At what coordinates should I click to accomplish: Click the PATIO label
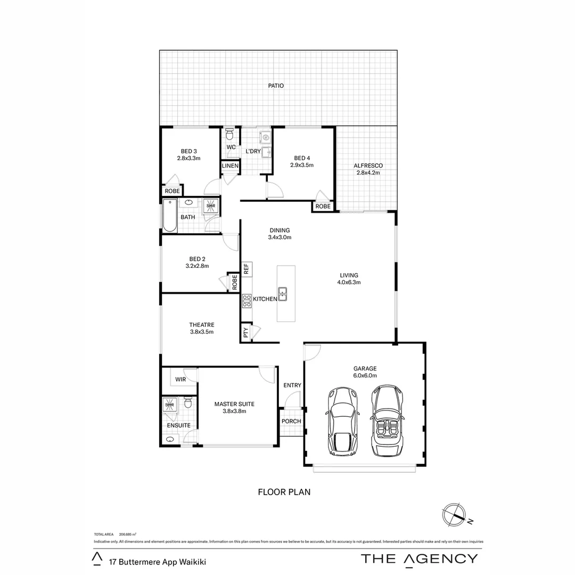click(276, 85)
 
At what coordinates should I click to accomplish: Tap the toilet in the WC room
click(230, 133)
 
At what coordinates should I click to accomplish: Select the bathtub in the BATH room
click(170, 215)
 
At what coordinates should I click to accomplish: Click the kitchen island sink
click(283, 292)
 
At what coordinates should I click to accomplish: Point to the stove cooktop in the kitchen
click(247, 301)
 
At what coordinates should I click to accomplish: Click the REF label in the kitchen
click(246, 269)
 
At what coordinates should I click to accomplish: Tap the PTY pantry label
click(245, 333)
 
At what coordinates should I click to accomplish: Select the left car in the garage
click(343, 422)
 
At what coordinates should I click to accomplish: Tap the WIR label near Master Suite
click(180, 379)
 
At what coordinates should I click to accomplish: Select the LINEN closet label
click(230, 167)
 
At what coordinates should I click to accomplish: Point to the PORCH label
click(291, 421)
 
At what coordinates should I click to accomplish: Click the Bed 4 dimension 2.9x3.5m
click(302, 165)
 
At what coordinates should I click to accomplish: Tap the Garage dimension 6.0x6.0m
click(365, 375)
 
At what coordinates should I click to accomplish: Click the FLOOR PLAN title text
click(284, 492)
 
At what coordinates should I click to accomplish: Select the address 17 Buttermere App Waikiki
click(157, 561)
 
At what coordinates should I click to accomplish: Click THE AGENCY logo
click(420, 558)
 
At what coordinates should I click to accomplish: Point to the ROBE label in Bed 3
click(172, 191)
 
